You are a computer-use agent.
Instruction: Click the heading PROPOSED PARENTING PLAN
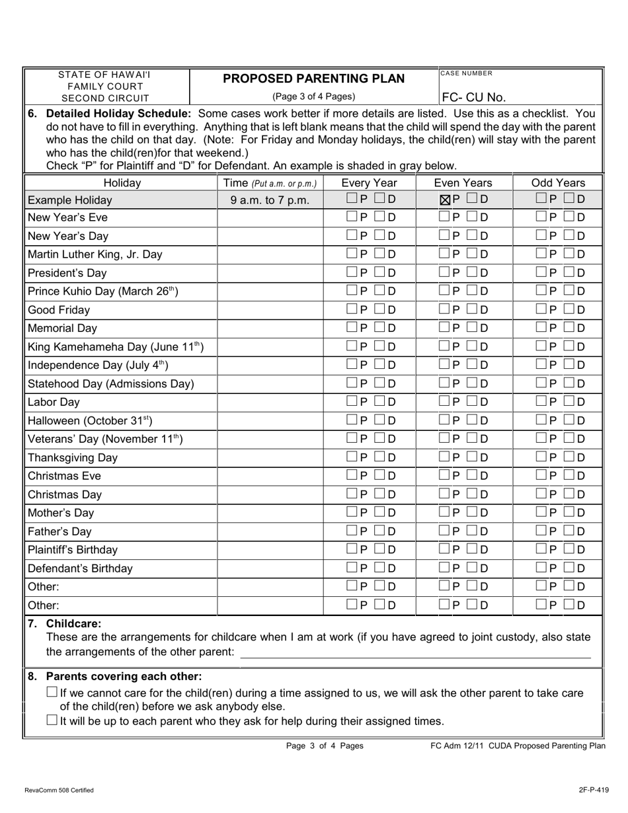tap(313, 79)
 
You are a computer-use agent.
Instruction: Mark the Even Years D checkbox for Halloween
tap(473, 420)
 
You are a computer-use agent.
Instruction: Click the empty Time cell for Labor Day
tap(271, 402)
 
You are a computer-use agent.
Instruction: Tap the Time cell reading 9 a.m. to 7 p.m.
tap(271, 200)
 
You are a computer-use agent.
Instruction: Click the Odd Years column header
tap(558, 182)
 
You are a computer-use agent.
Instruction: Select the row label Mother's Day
tap(61, 513)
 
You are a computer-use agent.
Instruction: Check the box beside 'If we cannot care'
tap(52, 692)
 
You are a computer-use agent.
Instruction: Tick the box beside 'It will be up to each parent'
tap(52, 720)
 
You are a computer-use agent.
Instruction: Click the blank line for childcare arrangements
tap(415, 653)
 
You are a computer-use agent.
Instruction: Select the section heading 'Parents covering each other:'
tap(124, 676)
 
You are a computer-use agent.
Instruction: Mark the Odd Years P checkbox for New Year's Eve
tap(541, 217)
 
